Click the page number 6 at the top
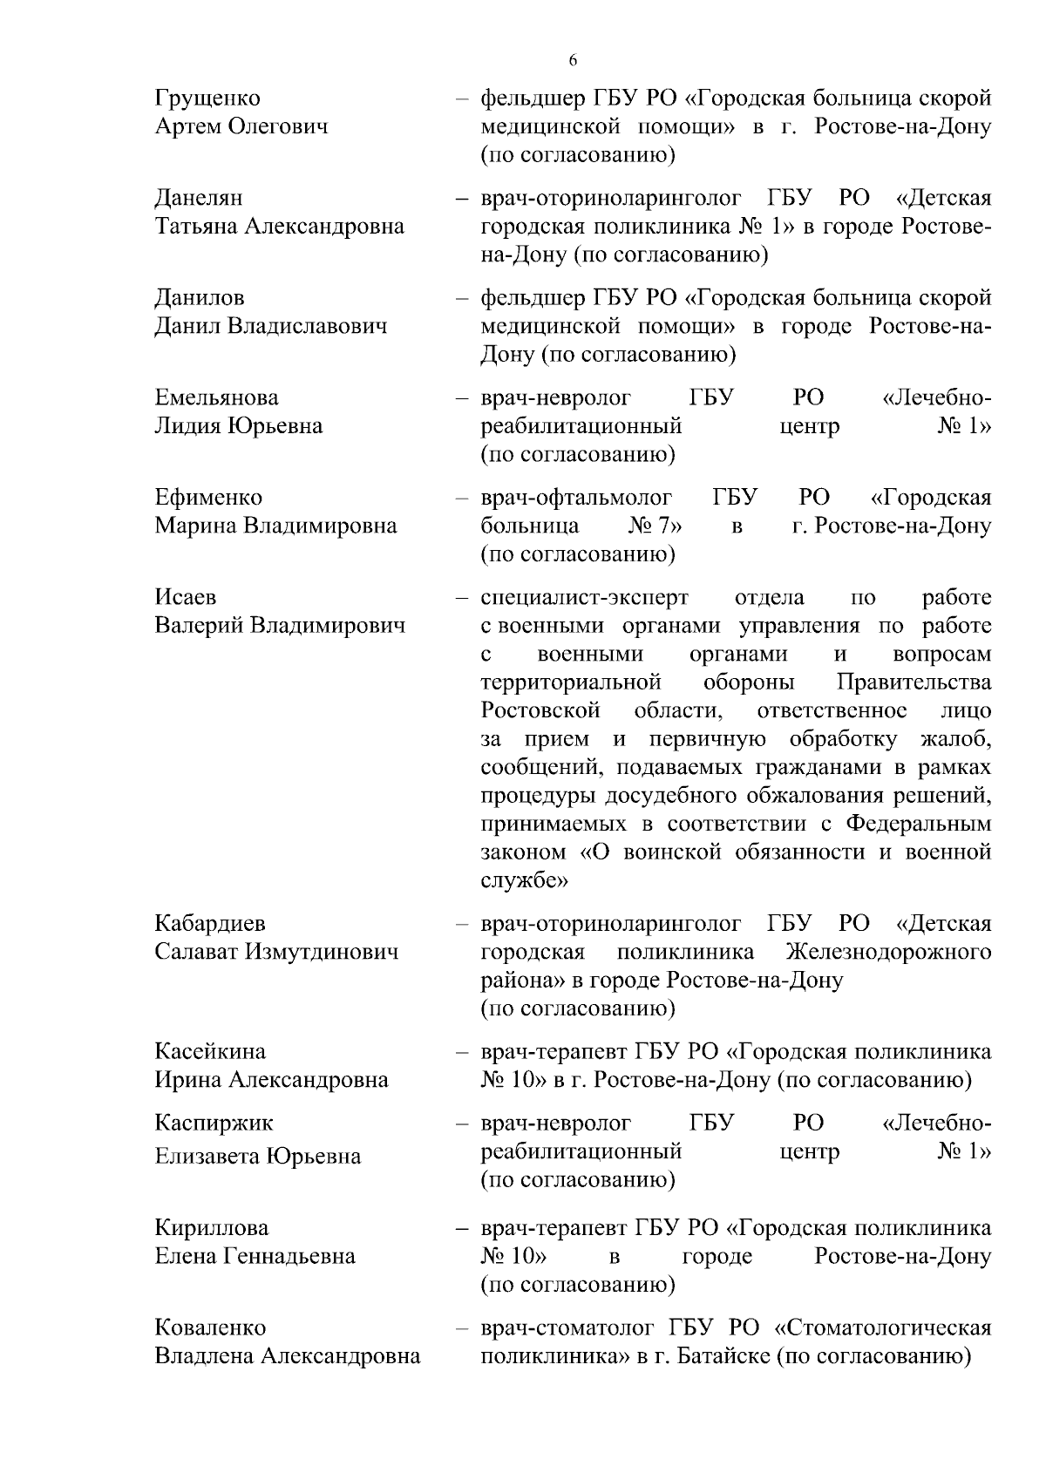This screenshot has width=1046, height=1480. click(573, 60)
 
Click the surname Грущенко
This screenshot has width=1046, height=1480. click(207, 98)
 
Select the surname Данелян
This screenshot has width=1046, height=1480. click(199, 199)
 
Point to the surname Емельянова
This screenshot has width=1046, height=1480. click(217, 398)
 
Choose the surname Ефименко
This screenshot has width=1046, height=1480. click(208, 498)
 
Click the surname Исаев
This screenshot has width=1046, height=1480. click(186, 598)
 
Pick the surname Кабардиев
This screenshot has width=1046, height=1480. click(210, 923)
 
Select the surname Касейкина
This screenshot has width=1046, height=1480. click(210, 1051)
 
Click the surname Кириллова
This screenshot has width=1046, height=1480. click(212, 1228)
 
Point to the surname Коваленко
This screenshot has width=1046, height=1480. click(210, 1328)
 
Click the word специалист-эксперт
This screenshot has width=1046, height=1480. click(584, 598)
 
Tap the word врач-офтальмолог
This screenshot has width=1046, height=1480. click(576, 498)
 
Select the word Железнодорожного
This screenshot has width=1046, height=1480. click(887, 952)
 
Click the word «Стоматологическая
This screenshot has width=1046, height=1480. click(882, 1328)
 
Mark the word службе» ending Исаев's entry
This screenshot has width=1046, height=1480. click(525, 880)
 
